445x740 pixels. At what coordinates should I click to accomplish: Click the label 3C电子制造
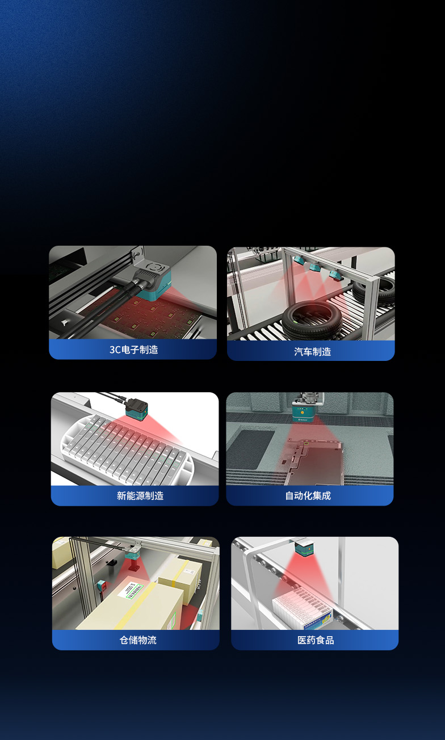click(133, 350)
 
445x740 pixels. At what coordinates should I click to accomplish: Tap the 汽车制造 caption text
click(312, 352)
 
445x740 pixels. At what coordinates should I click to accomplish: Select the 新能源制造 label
click(140, 495)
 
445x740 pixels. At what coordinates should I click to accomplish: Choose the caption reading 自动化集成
click(308, 495)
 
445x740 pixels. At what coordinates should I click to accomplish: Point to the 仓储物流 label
click(138, 640)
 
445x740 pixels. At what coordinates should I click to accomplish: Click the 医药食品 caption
click(316, 640)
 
